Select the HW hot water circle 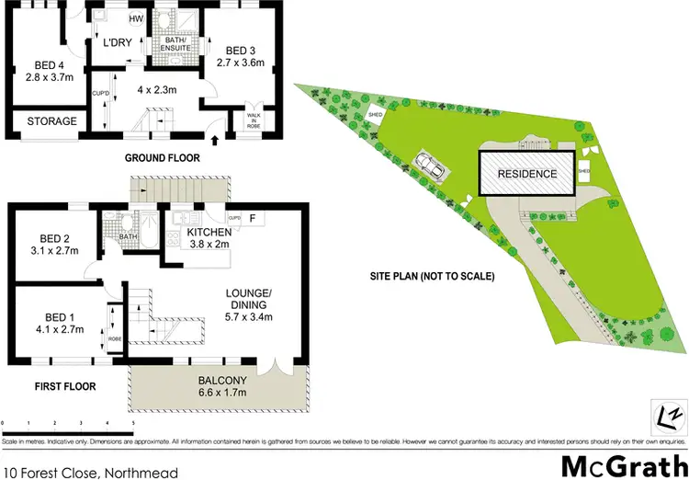coord(136,18)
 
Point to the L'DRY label coord(118,41)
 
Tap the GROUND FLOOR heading coord(162,157)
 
